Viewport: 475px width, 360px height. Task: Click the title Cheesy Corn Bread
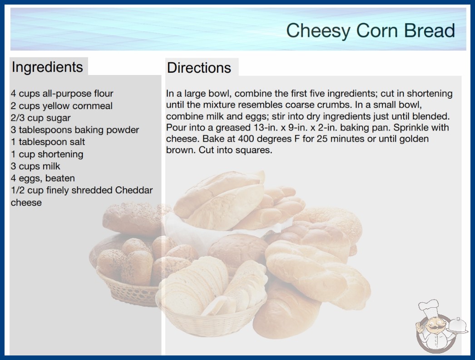tap(371, 31)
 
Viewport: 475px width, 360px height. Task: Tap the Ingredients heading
tap(47, 67)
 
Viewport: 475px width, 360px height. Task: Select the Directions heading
tap(199, 68)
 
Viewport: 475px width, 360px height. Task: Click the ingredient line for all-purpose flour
tap(62, 94)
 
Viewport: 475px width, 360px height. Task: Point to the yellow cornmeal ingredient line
tap(61, 106)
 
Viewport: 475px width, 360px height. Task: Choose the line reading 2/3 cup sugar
tap(40, 118)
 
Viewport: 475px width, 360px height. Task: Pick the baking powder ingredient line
tap(75, 130)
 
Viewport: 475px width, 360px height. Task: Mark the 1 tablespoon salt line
tap(48, 142)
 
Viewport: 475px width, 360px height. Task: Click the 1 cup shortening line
tap(47, 154)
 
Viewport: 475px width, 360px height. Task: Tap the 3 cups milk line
tap(35, 166)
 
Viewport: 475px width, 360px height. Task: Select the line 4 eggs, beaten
tap(43, 178)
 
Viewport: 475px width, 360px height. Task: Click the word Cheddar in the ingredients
tap(134, 190)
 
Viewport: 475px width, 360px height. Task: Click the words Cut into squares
tap(235, 150)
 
